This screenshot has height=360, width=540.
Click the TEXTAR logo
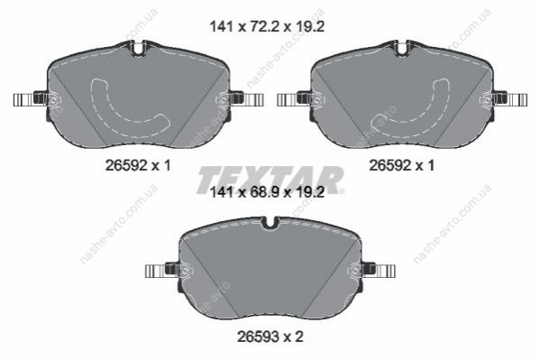270,180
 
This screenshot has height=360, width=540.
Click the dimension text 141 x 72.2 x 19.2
267,26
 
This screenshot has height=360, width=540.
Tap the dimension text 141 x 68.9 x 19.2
267,192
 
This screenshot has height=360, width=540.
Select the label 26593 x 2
270,337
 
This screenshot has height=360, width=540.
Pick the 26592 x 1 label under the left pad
138,166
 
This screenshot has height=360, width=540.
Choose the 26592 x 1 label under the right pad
402,166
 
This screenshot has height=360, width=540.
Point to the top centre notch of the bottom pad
270,223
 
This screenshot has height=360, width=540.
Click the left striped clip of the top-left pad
24,99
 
